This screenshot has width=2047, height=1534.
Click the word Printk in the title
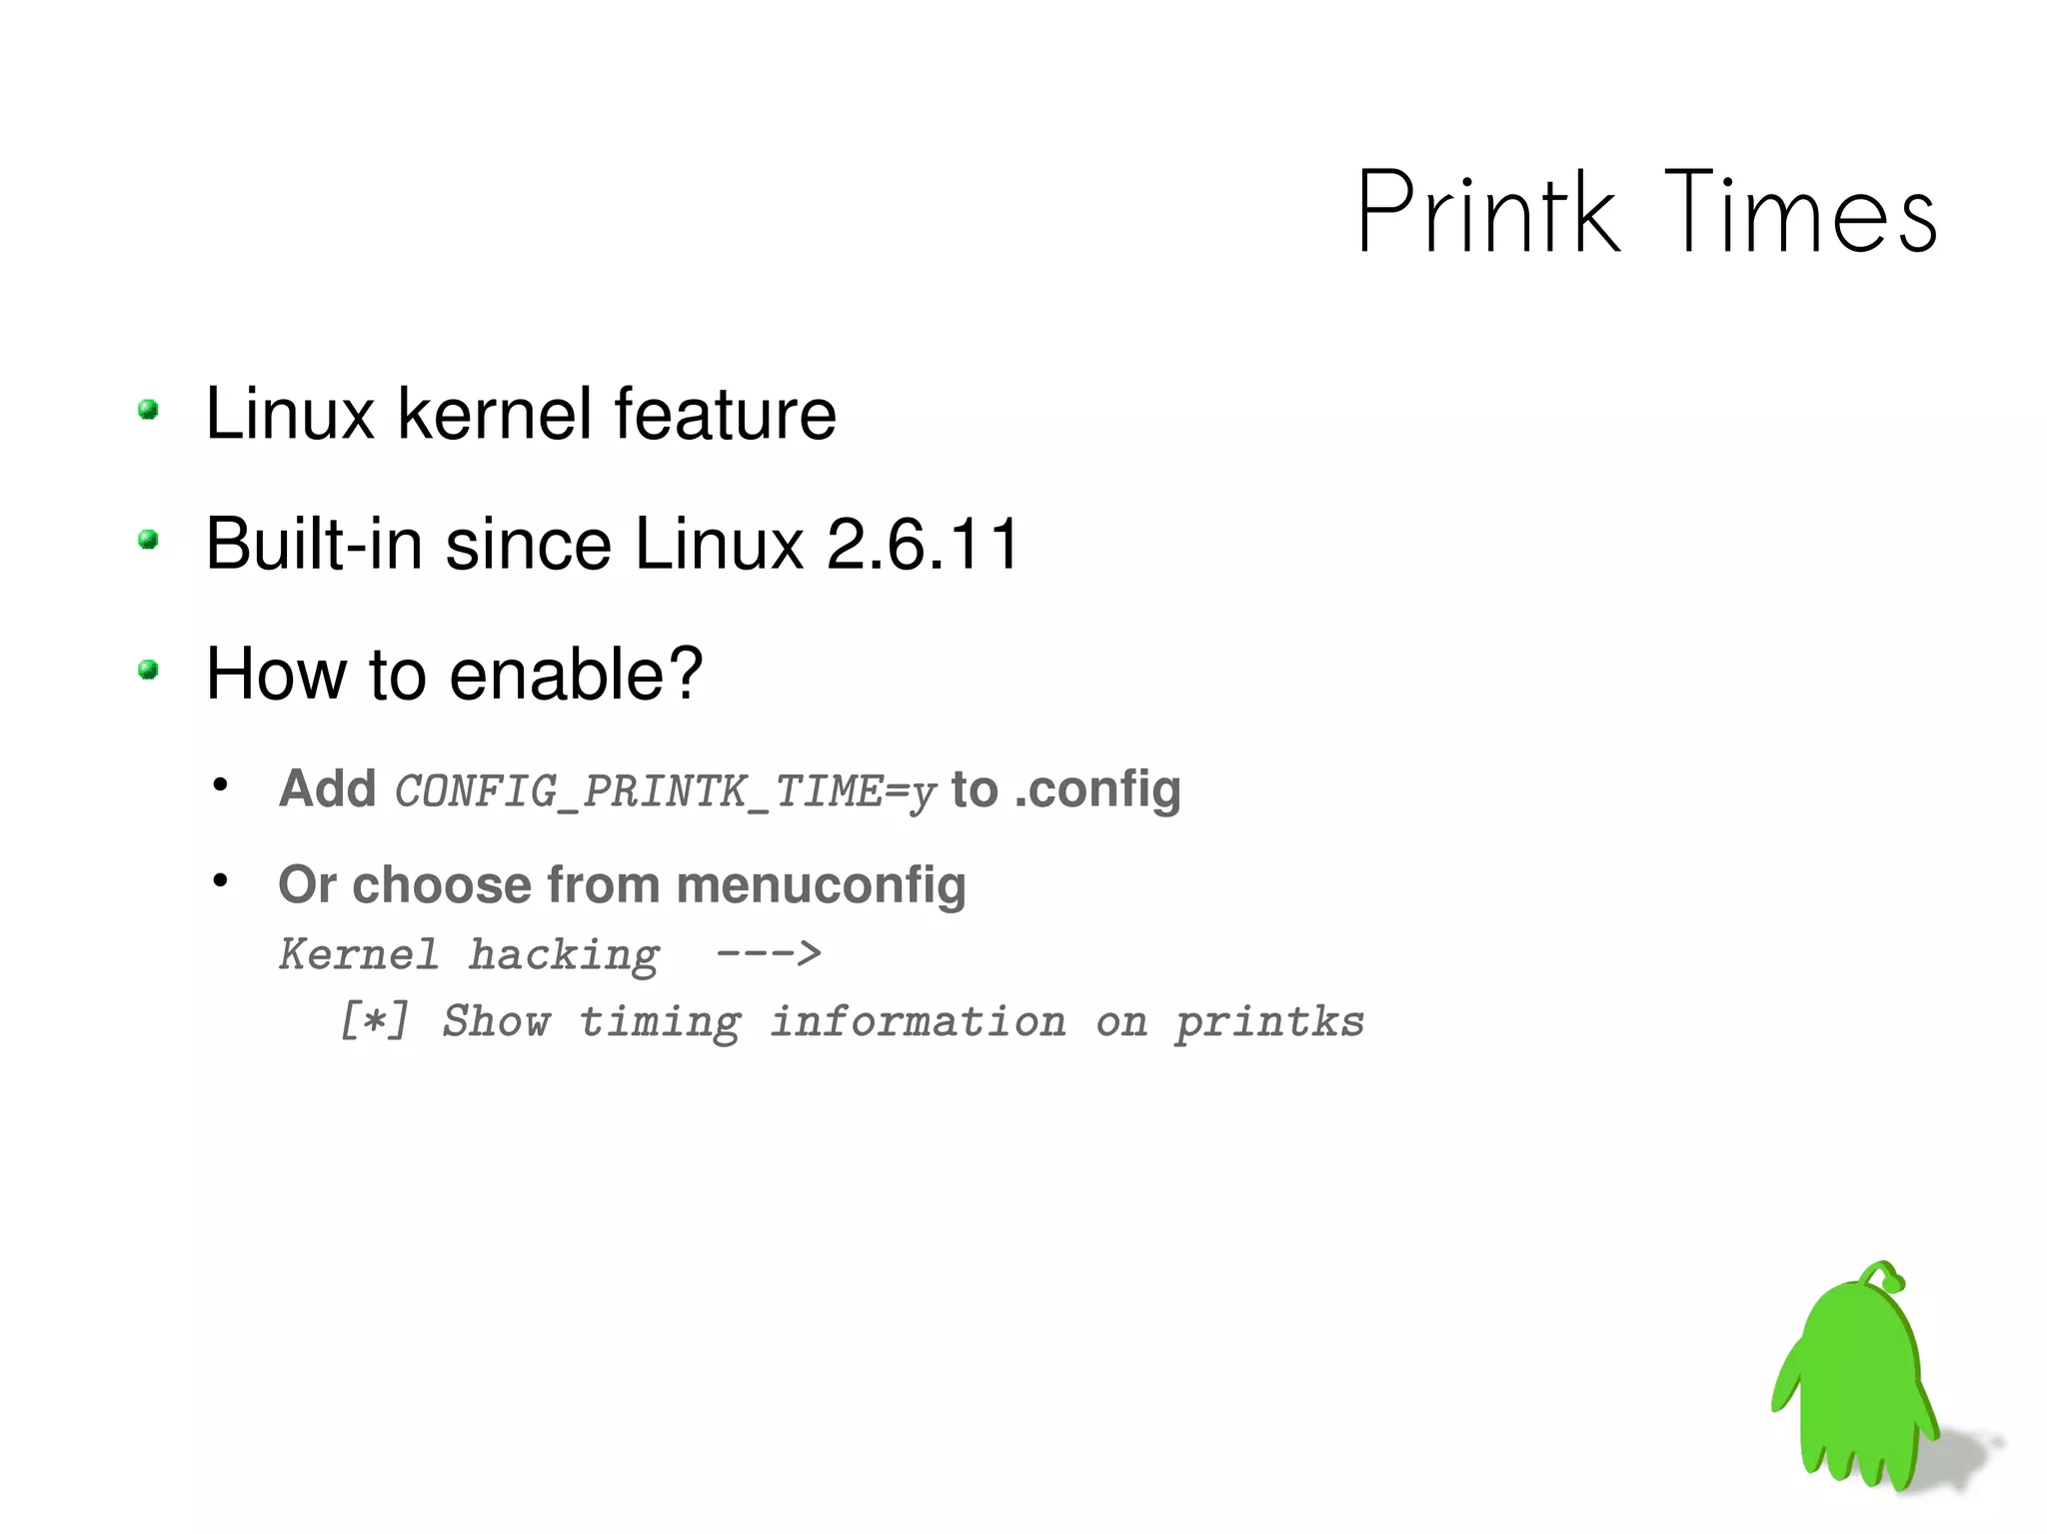pos(1487,212)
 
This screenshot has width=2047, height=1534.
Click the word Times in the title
pos(1800,212)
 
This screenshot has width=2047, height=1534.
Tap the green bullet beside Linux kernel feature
pos(149,410)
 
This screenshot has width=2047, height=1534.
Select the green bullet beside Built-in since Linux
pos(149,541)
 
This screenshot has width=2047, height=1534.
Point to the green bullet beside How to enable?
pos(149,670)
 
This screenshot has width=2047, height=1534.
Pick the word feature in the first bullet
pos(725,414)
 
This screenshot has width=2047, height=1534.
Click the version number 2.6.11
pos(923,545)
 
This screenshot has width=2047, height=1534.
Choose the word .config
pos(1097,789)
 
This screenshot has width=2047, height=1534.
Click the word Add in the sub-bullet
pos(327,788)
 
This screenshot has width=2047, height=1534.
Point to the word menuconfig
pos(821,885)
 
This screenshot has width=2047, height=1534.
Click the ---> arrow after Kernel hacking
pos(769,954)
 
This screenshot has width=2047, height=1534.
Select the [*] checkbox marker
pos(374,1021)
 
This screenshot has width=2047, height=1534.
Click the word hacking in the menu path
pos(565,955)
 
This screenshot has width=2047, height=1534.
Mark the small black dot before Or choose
pos(221,881)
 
